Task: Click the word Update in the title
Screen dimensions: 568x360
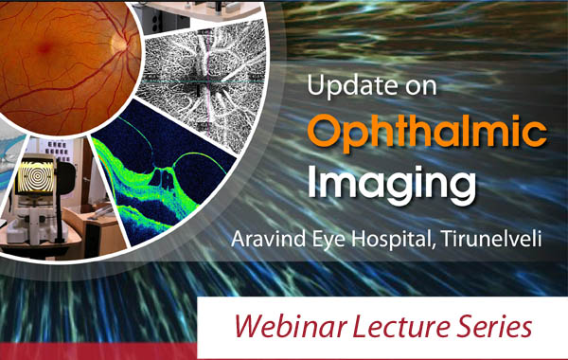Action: pos(348,85)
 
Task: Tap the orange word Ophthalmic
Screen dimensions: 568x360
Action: pos(428,133)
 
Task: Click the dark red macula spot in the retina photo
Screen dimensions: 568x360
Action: pos(44,47)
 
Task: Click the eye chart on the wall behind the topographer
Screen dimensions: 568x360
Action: pos(57,152)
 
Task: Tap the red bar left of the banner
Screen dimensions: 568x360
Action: pos(98,351)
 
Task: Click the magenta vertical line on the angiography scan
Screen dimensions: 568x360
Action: pos(207,99)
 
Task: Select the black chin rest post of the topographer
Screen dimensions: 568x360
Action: pos(59,213)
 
